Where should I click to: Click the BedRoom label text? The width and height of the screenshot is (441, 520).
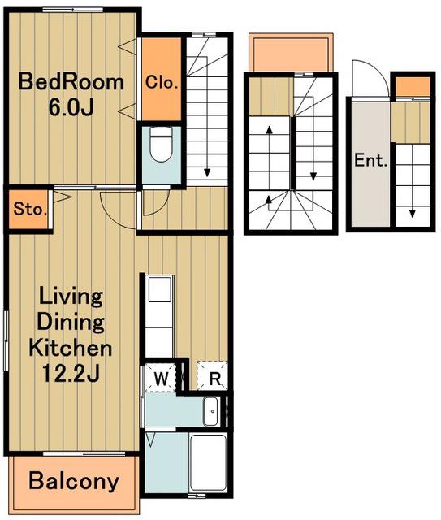tap(71, 82)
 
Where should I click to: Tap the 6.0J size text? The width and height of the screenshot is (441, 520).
tap(71, 107)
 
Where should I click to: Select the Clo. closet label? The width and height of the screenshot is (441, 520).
tap(162, 82)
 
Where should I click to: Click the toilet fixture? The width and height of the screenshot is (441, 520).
tap(161, 144)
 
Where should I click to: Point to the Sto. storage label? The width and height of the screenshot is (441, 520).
tap(28, 210)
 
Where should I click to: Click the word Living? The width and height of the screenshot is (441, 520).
tap(71, 297)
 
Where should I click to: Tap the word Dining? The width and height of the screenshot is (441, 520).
tap(71, 322)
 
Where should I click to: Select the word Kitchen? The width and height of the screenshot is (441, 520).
tap(71, 348)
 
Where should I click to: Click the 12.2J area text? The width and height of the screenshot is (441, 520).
tap(71, 374)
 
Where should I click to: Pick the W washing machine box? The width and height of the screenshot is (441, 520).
tap(161, 378)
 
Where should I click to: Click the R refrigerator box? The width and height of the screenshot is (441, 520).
tap(213, 375)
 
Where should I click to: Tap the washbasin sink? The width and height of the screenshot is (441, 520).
tap(210, 411)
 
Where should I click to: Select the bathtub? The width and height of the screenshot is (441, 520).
tap(208, 462)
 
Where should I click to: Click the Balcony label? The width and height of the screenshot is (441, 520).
tap(74, 481)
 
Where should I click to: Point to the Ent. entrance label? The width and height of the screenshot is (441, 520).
tap(371, 161)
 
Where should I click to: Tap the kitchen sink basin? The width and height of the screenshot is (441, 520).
tap(160, 289)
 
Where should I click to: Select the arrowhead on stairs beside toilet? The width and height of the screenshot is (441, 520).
tap(207, 172)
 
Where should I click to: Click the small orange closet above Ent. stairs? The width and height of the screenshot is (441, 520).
tap(413, 86)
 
